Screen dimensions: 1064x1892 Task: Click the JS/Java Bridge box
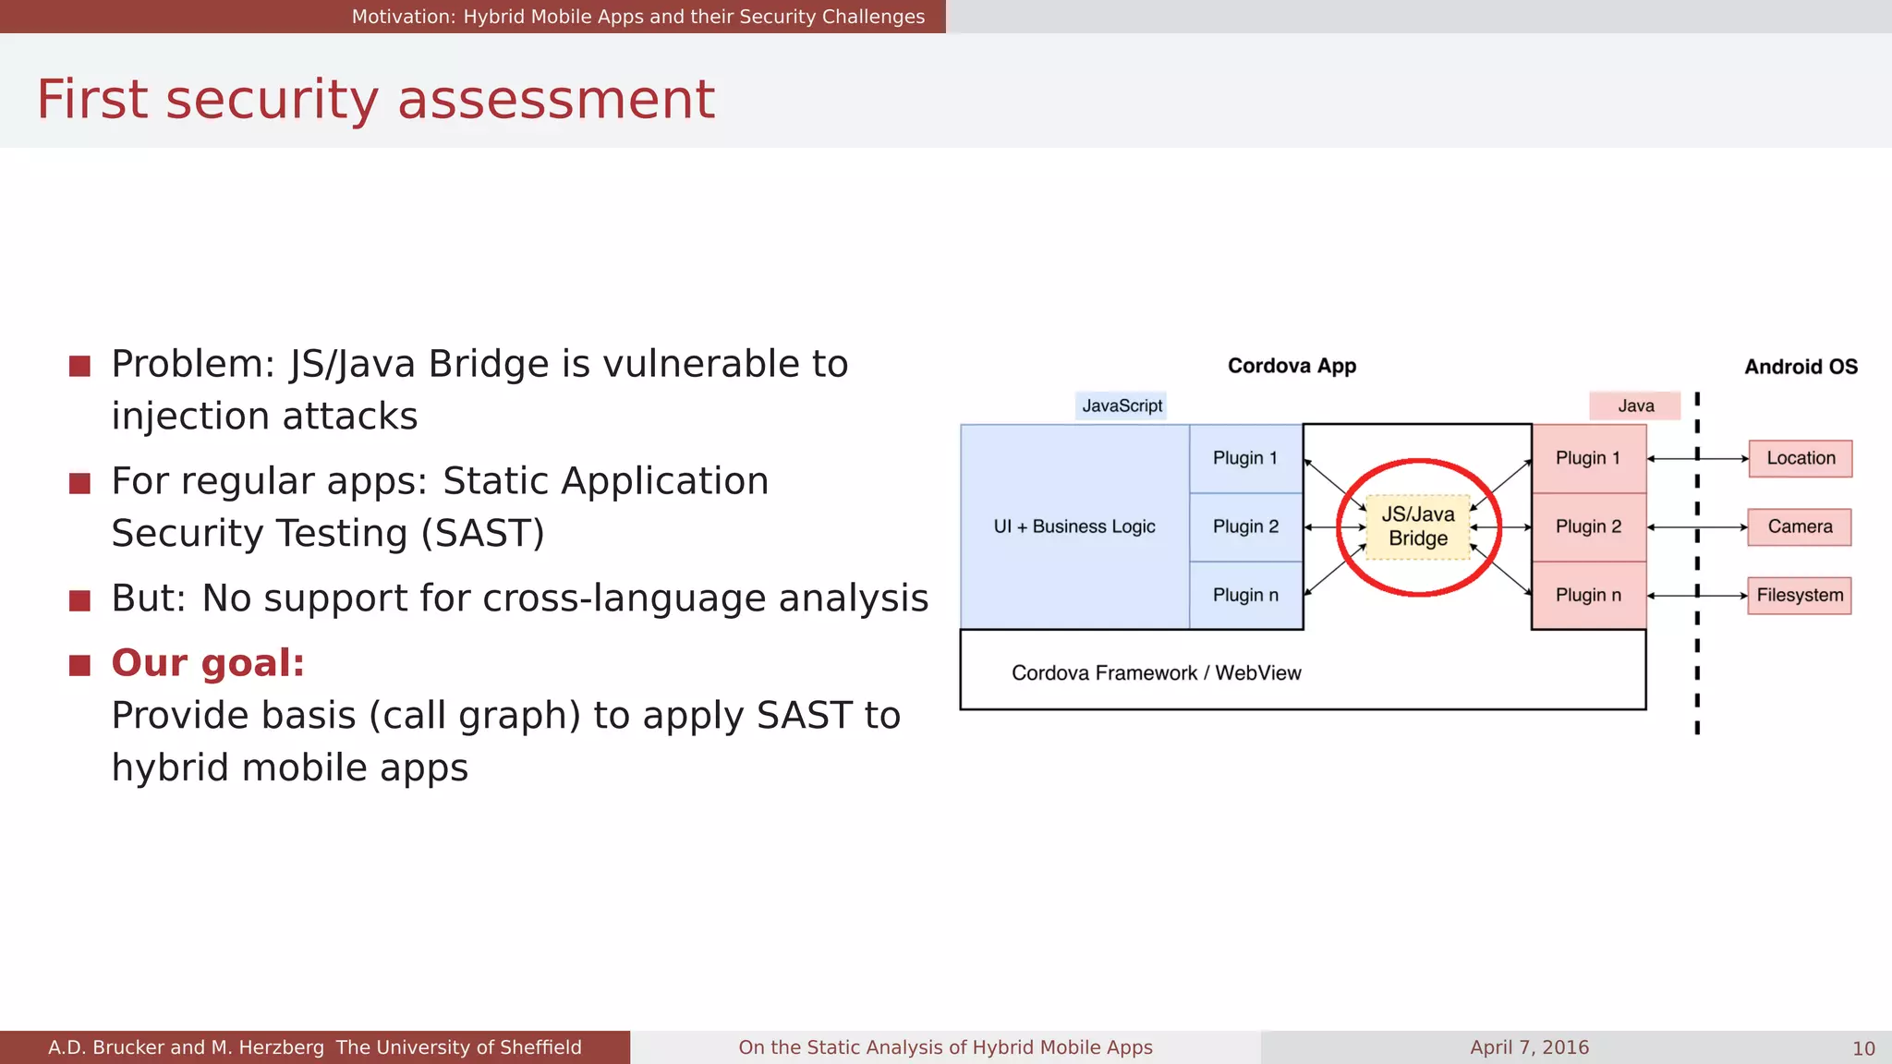[1418, 526]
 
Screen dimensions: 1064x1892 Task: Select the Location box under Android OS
[1800, 458]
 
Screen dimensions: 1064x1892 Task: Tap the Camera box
[1799, 526]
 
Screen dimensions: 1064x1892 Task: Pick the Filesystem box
[1799, 595]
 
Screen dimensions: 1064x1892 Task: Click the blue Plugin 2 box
[1245, 526]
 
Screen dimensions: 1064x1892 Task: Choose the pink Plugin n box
[1588, 595]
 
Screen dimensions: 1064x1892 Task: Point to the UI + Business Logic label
[1074, 526]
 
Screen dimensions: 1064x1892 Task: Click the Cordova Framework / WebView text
[1156, 672]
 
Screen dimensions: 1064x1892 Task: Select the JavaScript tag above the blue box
[1122, 405]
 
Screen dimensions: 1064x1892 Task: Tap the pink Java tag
[1635, 405]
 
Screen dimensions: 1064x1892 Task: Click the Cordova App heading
[1292, 366]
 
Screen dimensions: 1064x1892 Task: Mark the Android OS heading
[1801, 367]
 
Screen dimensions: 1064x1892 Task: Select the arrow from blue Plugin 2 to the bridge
[1335, 526]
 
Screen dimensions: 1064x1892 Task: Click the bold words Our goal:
[208, 663]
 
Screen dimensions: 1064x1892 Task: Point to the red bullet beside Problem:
[79, 367]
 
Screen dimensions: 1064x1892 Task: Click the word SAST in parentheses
[482, 534]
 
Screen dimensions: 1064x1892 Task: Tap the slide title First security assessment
[375, 99]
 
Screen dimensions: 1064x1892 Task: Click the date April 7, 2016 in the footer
[1529, 1047]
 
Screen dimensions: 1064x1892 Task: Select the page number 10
[1863, 1048]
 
